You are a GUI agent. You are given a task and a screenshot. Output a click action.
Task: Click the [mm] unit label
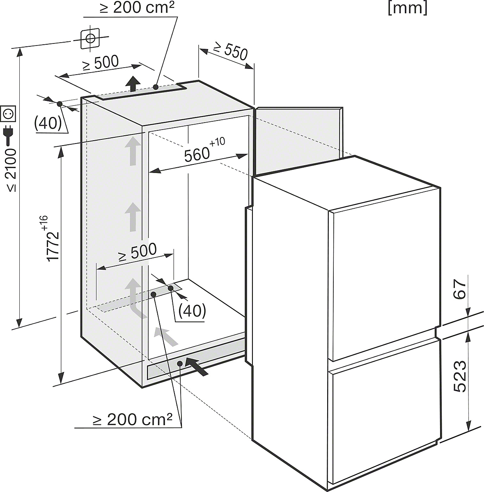point(408,8)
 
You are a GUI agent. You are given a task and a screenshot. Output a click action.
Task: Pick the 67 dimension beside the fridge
point(461,291)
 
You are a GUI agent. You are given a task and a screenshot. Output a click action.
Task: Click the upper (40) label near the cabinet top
point(48,123)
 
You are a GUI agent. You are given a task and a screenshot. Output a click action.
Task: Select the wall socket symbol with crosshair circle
point(90,39)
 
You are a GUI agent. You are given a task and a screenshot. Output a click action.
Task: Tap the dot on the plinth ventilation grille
point(180,363)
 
